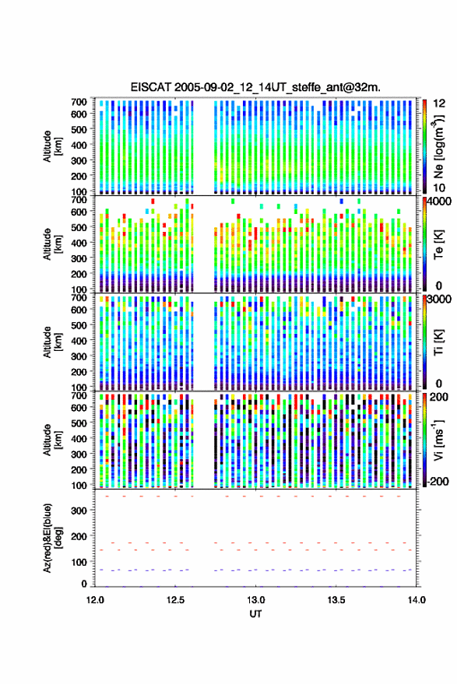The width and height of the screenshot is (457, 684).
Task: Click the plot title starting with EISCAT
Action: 255,87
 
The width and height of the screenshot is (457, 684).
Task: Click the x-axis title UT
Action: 255,614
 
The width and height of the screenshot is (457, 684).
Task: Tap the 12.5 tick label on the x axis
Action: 175,600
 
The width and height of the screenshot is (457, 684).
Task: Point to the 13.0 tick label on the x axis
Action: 256,600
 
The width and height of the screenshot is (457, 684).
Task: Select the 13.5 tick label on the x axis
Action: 336,600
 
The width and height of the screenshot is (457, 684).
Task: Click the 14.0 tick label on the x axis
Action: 417,600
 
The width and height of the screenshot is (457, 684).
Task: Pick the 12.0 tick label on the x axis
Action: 95,600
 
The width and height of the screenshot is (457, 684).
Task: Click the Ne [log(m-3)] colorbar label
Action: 438,146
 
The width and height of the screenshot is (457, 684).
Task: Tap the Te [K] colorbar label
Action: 438,244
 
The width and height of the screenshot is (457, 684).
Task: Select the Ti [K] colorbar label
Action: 438,342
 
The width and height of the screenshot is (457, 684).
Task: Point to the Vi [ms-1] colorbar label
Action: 438,440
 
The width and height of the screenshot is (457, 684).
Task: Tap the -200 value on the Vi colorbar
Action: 437,481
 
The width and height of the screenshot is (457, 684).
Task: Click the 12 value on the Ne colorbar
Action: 439,103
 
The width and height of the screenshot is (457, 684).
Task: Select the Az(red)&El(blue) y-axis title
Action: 52,538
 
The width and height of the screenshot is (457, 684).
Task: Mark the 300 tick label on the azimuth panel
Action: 79,510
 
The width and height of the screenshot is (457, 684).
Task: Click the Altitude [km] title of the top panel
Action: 52,146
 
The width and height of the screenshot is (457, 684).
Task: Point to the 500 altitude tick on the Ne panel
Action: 79,129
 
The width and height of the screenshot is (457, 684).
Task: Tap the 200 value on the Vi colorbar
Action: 439,397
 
